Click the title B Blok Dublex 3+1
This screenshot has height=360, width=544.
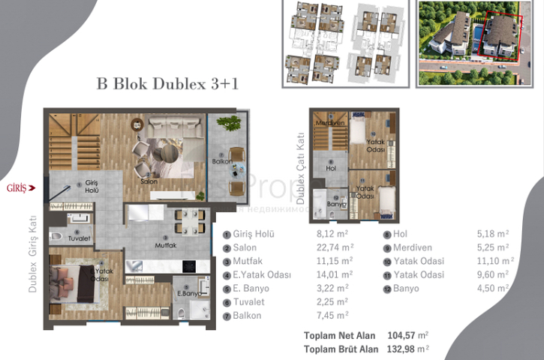(167, 84)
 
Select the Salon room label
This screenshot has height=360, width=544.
(147, 181)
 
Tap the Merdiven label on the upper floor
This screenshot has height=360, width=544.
(329, 123)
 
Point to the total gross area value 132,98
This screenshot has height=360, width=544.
(400, 348)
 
